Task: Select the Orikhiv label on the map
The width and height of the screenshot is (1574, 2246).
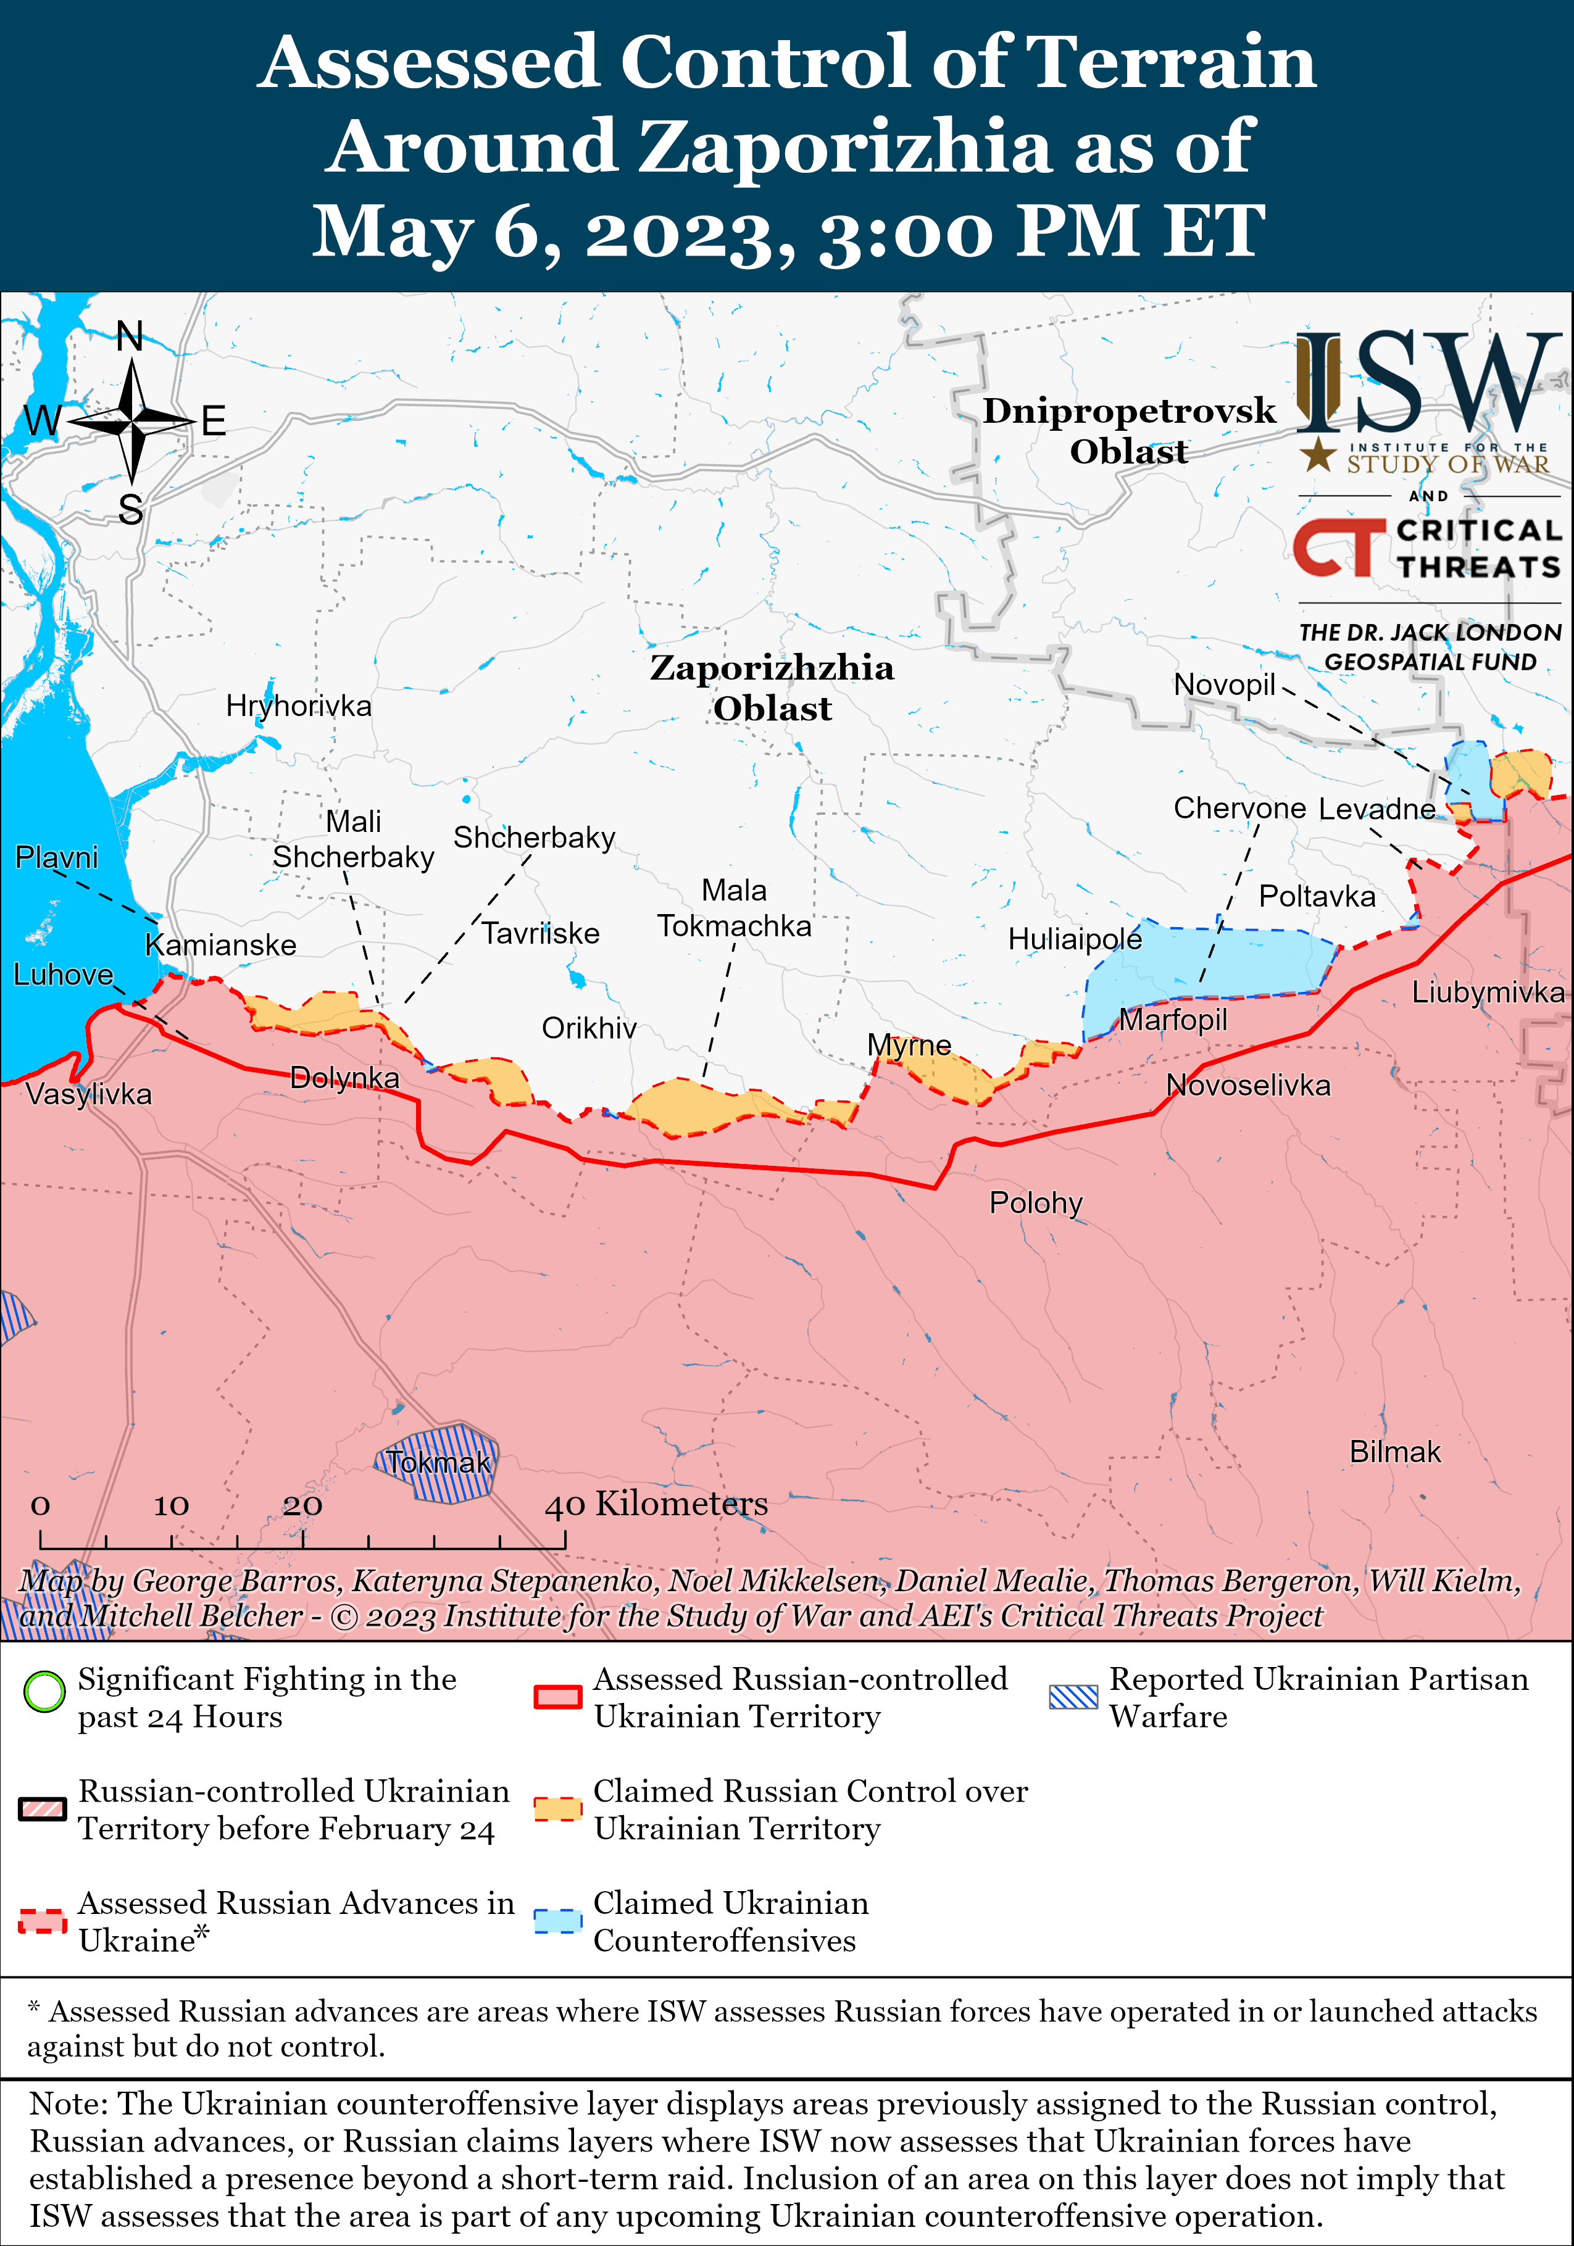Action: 589,1028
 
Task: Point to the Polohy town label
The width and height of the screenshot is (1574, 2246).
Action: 1035,1202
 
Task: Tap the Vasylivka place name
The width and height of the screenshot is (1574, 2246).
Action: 88,1094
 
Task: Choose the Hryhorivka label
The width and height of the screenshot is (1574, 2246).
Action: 298,705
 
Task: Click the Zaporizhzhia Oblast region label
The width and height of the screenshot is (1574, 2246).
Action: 772,688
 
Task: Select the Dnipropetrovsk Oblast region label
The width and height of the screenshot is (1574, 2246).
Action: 1129,430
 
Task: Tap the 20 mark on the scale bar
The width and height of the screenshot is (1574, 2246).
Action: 302,1505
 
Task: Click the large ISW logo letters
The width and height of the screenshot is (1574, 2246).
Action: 1428,383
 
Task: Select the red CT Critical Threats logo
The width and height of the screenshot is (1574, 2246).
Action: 1338,548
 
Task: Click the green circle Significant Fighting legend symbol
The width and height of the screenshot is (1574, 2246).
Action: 43,1691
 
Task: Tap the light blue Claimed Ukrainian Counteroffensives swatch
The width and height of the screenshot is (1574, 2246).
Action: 557,1920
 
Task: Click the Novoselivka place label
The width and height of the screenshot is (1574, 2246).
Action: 1247,1085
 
